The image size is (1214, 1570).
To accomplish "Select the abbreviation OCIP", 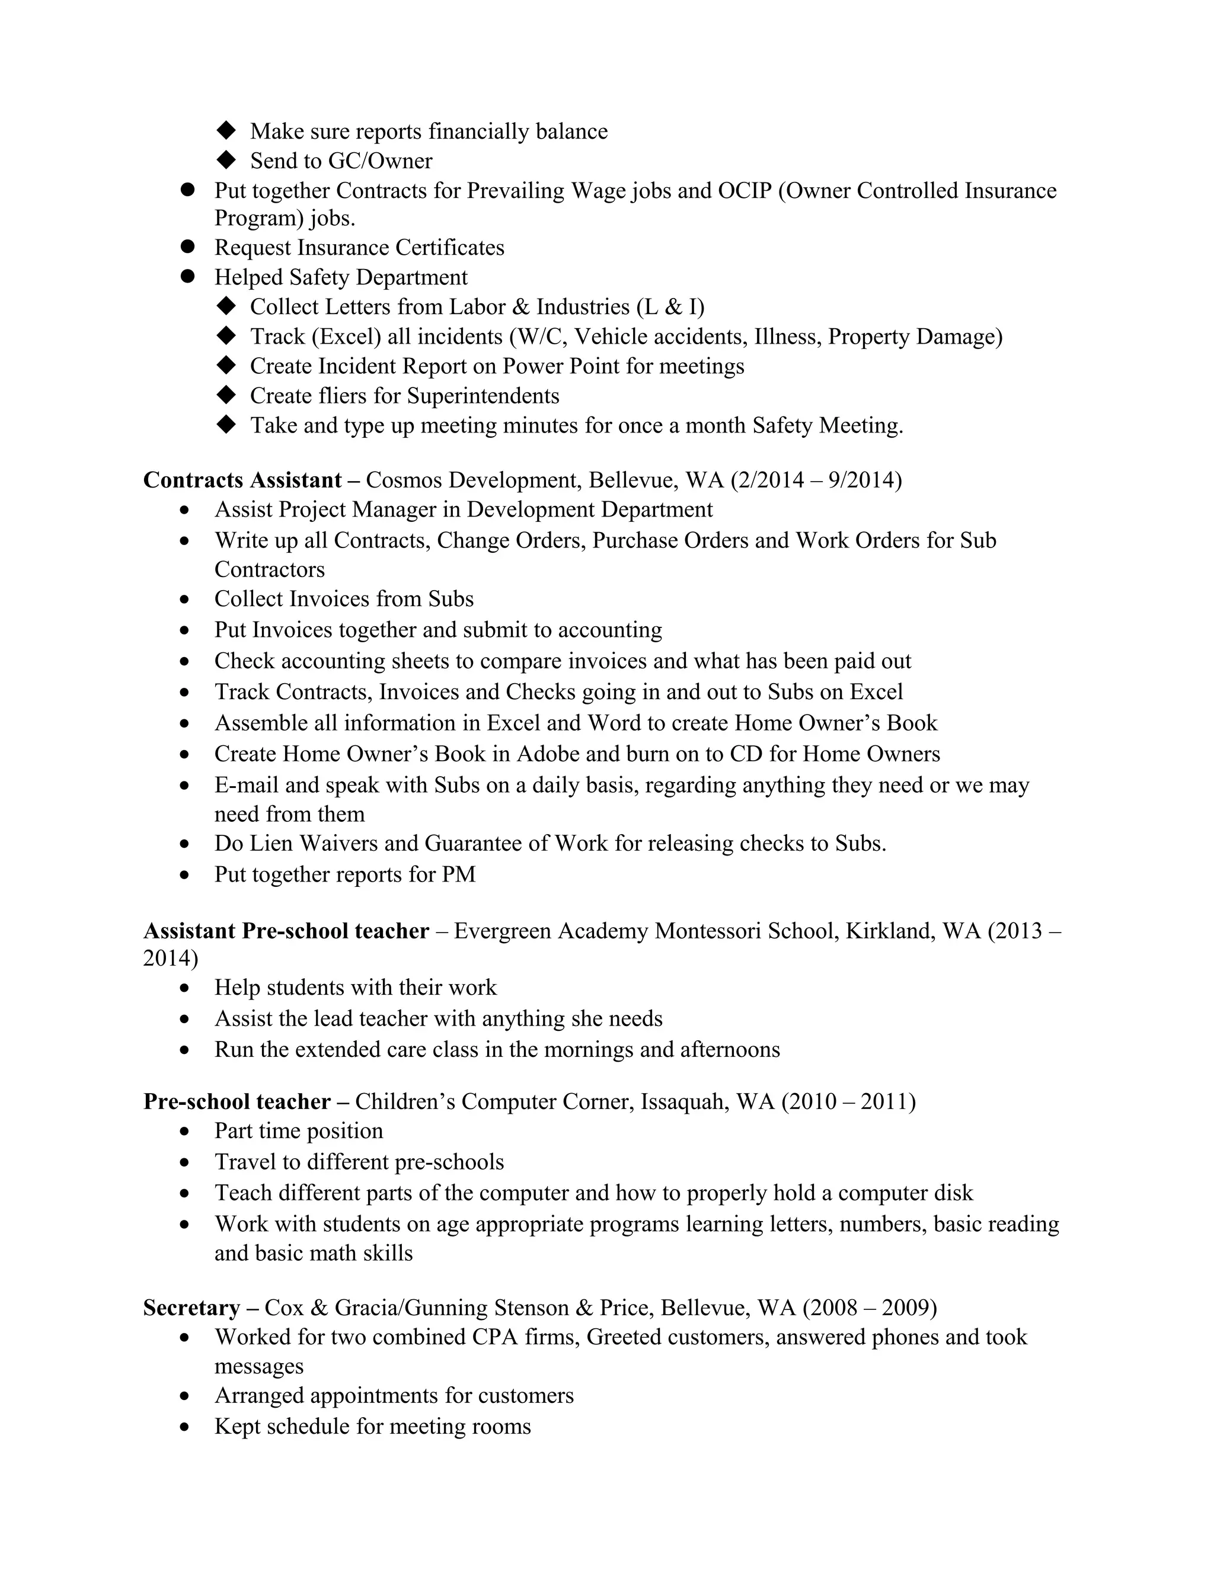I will (745, 191).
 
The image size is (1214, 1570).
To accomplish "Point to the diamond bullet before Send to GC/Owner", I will (226, 159).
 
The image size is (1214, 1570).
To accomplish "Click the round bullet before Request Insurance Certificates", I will (188, 246).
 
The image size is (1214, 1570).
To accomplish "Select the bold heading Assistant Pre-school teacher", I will (286, 931).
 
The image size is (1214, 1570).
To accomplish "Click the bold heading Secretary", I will (191, 1307).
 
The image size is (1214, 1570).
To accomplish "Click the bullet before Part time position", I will (186, 1132).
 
